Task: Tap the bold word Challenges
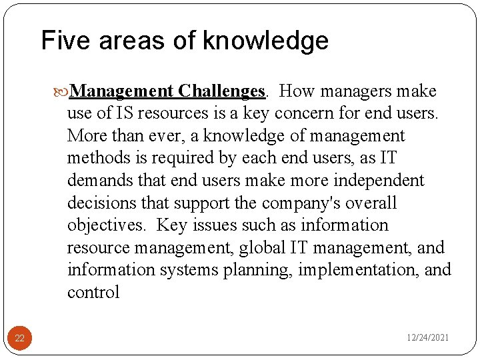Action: [223, 91]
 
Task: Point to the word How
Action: [297, 91]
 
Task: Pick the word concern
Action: [317, 113]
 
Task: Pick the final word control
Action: [93, 293]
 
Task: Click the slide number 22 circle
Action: [19, 339]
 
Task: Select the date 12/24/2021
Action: [428, 338]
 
